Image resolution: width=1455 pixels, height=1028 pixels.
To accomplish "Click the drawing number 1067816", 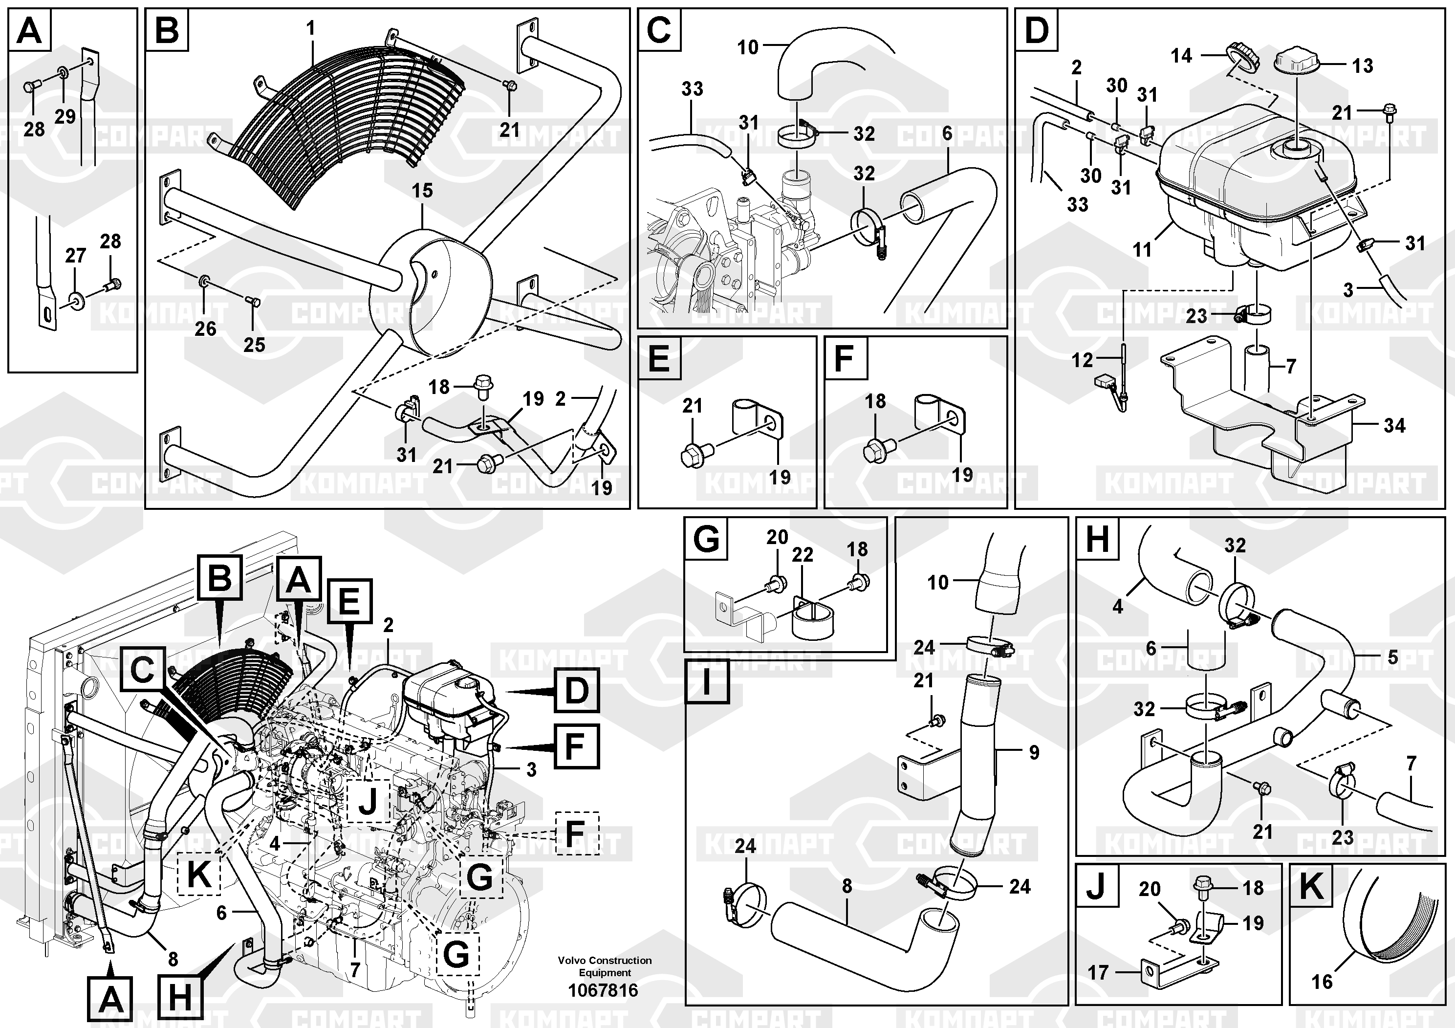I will pos(603,989).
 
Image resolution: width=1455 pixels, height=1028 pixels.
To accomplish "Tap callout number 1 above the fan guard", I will pos(310,28).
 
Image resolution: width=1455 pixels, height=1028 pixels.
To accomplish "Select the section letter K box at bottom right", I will pos(1310,886).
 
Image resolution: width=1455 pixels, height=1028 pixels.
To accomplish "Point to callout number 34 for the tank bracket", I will pos(1394,425).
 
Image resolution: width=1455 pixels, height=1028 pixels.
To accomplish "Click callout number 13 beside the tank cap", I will pos(1363,66).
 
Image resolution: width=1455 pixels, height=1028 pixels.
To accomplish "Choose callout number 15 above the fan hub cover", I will pos(422,190).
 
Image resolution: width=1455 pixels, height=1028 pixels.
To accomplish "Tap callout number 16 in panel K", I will pos(1322,982).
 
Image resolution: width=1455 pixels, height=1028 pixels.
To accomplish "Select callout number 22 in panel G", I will pos(802,554).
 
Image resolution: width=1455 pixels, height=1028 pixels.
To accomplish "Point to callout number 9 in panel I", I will pos(1034,752).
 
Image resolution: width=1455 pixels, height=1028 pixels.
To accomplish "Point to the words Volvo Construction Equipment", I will pos(605,966).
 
